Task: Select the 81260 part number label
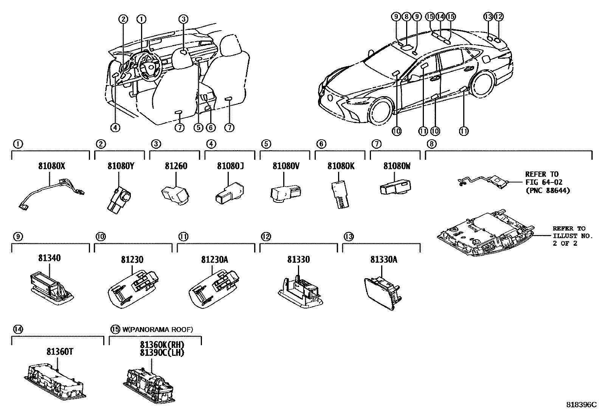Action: [176, 166]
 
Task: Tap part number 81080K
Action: [341, 166]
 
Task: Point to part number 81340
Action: [49, 258]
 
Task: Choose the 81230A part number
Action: [214, 260]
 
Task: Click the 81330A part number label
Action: [383, 260]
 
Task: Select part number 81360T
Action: [60, 352]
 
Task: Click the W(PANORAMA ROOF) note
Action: [157, 329]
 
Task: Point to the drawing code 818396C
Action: [581, 404]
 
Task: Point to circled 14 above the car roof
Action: [440, 16]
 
